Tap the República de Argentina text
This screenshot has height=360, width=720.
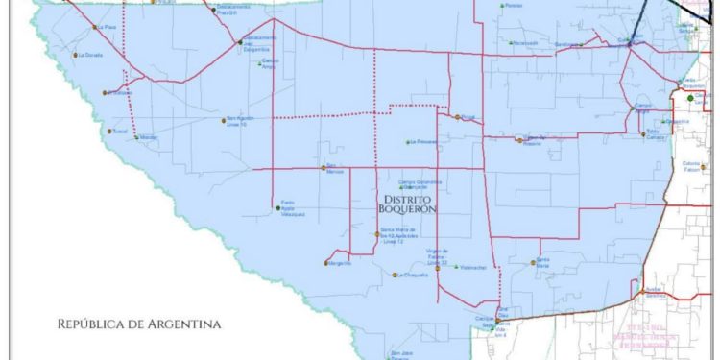[138, 324]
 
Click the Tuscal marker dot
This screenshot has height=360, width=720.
[111, 132]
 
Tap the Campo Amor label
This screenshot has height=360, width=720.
[270, 63]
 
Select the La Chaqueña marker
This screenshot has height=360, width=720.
[395, 275]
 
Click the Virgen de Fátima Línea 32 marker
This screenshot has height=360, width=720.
[437, 269]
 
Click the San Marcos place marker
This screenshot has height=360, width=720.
[322, 167]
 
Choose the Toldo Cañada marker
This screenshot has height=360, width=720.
[641, 132]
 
